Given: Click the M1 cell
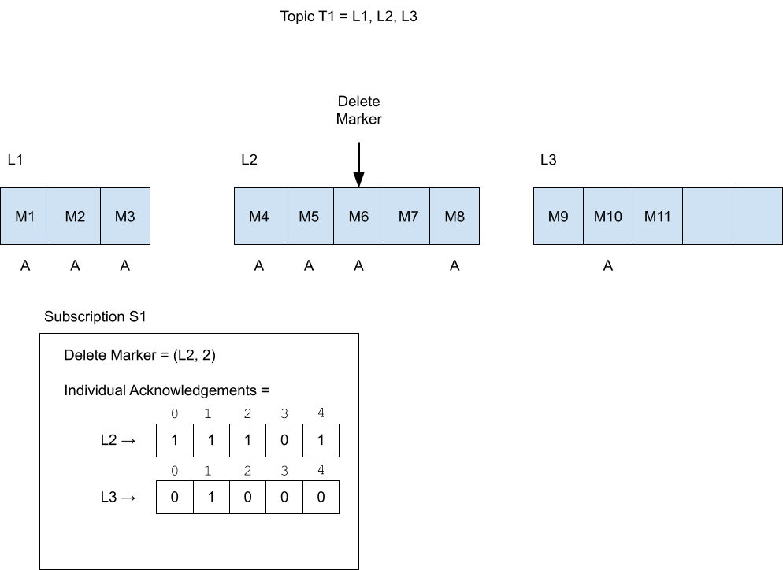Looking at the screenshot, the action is tap(25, 216).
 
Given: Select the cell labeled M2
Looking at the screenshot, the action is tap(75, 216).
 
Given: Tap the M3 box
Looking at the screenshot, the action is tap(124, 216).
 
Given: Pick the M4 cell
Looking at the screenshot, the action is tap(259, 216).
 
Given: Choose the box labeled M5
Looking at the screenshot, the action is tap(309, 216).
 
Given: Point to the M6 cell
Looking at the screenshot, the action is tap(358, 216).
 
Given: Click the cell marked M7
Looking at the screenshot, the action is tap(407, 216).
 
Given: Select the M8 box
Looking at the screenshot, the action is tap(455, 216).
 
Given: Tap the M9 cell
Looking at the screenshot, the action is tap(558, 216).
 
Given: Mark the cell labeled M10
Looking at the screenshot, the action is tap(608, 216).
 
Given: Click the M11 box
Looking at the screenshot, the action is tap(657, 216).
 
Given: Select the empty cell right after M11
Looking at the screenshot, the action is tap(707, 216).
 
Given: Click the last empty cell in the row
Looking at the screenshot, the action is tap(758, 216).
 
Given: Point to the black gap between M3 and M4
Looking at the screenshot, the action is tap(191, 216).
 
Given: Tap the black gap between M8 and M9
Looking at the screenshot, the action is tap(507, 216).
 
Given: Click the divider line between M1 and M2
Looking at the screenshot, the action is tap(50, 216).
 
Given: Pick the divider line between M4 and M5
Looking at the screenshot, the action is tap(284, 216).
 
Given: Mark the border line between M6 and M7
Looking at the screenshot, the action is tap(384, 216).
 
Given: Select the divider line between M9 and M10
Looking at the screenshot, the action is tap(583, 216).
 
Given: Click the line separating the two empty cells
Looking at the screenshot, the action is tap(733, 216).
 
